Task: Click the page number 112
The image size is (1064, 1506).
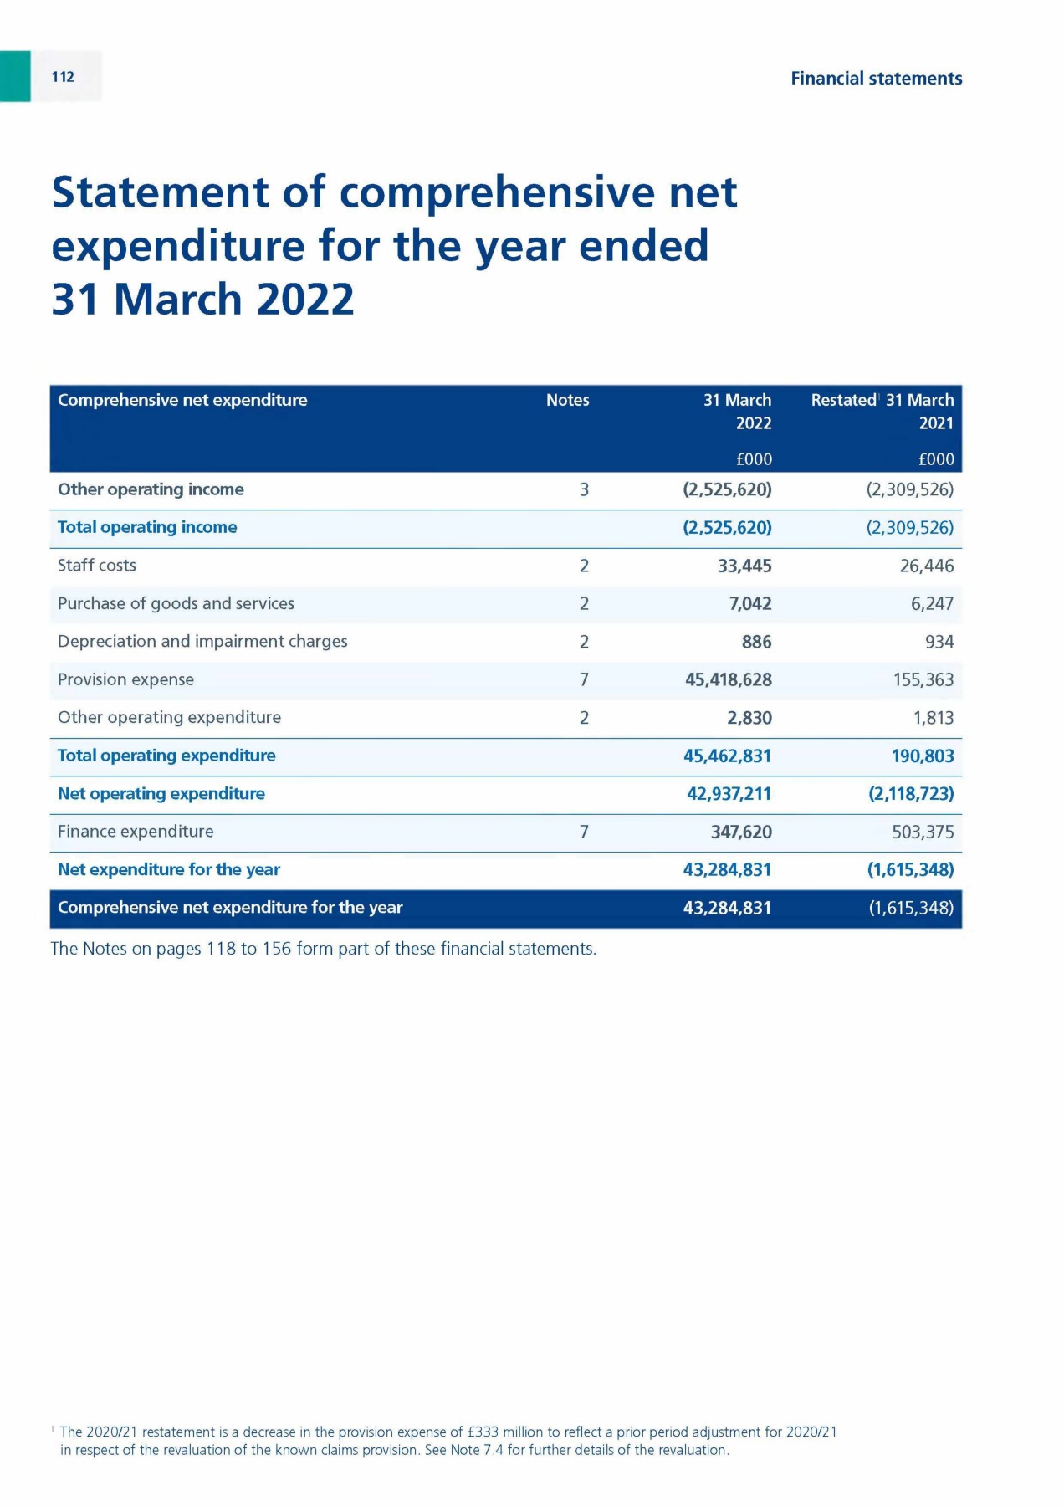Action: click(x=63, y=77)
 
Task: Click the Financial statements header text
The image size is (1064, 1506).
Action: click(x=876, y=79)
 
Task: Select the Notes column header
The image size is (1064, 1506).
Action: click(x=567, y=400)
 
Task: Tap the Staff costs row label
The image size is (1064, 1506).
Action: click(x=97, y=566)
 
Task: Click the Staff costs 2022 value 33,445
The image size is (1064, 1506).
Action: click(x=744, y=566)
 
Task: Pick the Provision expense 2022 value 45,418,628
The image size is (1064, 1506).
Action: click(x=728, y=680)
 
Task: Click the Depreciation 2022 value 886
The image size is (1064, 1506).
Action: click(x=756, y=643)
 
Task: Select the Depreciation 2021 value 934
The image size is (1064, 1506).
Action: click(x=939, y=643)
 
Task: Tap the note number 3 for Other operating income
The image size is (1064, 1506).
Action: click(x=584, y=490)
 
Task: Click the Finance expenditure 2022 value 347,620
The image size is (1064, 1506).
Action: click(x=740, y=832)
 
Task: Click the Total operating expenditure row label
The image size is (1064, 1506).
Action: click(x=166, y=756)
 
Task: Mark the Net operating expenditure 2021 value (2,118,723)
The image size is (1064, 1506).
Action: click(x=911, y=794)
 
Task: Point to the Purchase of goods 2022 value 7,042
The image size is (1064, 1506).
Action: click(x=750, y=604)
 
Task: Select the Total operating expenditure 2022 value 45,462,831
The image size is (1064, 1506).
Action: click(x=727, y=756)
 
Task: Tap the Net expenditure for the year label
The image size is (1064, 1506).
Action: click(x=169, y=870)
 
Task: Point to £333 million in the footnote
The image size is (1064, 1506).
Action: click(x=502, y=1432)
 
